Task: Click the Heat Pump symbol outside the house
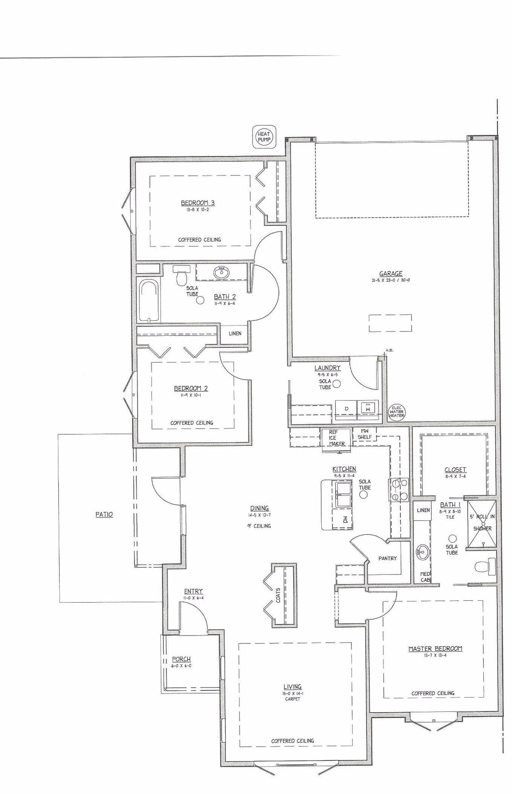point(264,137)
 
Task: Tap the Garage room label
point(390,274)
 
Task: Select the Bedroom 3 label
point(198,203)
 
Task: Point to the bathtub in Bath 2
point(149,301)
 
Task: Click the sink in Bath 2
point(221,273)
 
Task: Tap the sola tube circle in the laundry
point(337,384)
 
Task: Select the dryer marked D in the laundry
point(346,409)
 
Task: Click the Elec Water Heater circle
point(396,411)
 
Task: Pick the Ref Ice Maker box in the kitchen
point(336,438)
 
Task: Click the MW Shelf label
point(365,434)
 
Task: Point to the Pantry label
point(387,558)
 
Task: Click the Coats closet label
point(278,595)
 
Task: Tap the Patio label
point(104,515)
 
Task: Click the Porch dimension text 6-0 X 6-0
point(181,666)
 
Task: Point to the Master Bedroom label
point(435,649)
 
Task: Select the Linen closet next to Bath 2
point(235,333)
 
